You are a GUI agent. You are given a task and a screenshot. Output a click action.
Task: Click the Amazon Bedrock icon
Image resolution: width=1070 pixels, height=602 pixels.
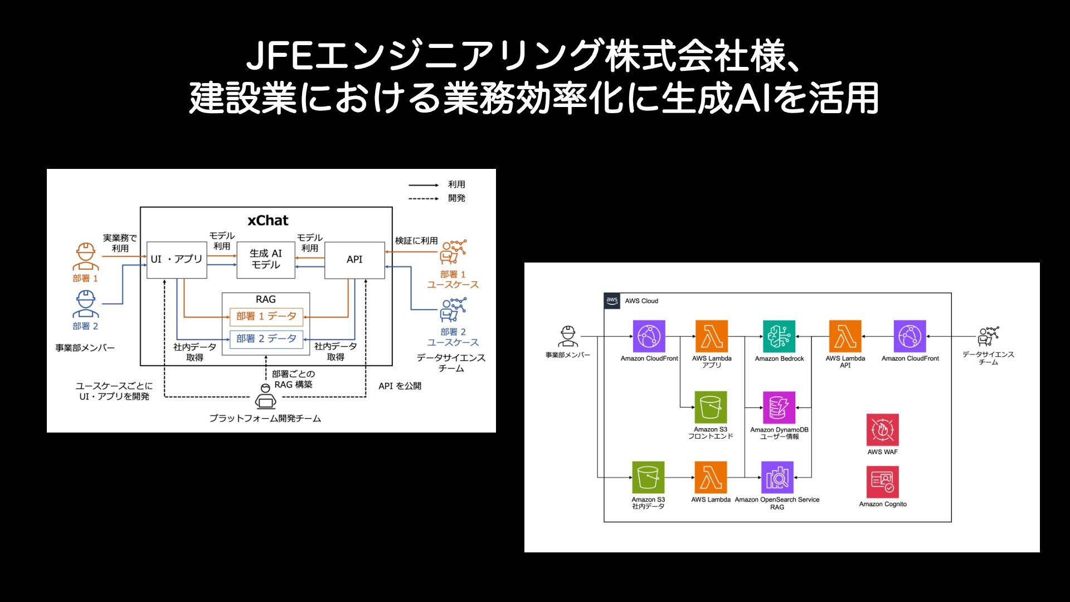(779, 337)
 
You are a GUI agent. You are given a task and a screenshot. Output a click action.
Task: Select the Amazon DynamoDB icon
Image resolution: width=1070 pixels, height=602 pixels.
(779, 407)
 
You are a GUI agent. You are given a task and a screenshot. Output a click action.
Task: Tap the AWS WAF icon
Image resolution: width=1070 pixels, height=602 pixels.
(882, 430)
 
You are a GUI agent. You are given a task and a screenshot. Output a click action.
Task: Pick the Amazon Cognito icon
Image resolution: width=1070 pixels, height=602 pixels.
(882, 482)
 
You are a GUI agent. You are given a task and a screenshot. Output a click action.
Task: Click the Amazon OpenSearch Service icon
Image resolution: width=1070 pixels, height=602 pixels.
(777, 478)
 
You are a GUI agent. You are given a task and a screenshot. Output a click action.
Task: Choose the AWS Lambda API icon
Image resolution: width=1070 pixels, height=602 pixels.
(845, 337)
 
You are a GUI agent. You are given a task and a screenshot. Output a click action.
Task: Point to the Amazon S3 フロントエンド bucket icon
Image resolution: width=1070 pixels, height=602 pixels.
(711, 407)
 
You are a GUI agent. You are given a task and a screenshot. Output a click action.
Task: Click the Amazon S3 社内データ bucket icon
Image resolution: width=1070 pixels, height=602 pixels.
(648, 478)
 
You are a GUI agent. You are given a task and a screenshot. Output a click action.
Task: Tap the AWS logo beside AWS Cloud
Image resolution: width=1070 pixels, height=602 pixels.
(612, 301)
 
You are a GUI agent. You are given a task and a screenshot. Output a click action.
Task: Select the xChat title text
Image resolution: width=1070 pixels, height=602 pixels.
(267, 221)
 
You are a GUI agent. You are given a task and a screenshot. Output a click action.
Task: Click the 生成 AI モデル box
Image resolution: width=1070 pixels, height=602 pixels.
(266, 260)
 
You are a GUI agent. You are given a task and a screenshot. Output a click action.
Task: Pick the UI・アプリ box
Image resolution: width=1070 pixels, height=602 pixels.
(177, 260)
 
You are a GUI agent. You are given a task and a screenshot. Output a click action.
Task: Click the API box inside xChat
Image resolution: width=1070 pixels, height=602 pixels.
(354, 260)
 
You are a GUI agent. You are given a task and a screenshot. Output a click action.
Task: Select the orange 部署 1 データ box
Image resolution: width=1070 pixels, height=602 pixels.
(266, 317)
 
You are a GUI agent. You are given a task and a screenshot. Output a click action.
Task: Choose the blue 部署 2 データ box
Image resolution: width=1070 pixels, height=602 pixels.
(266, 339)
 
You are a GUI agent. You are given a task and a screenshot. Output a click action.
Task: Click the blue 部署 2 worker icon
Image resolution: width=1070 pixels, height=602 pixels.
(85, 304)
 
